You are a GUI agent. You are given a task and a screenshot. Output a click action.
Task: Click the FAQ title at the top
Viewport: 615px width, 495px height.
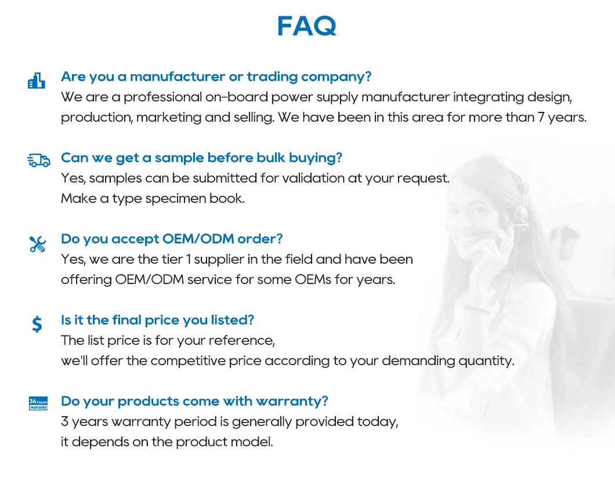pyautogui.click(x=306, y=27)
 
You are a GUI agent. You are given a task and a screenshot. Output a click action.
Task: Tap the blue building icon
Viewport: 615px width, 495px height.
pyautogui.click(x=37, y=81)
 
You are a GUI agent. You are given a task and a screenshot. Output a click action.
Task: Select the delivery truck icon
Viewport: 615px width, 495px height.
pyautogui.click(x=38, y=161)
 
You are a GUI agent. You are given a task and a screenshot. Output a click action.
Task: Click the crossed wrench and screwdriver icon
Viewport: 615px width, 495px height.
pyautogui.click(x=37, y=244)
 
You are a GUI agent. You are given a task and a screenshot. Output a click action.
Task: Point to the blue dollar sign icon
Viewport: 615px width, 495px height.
pyautogui.click(x=37, y=323)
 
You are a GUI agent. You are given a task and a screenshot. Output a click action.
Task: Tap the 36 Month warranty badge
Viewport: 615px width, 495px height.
pyautogui.click(x=38, y=403)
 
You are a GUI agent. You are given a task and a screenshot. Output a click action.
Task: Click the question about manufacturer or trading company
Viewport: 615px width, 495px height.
pyautogui.click(x=216, y=77)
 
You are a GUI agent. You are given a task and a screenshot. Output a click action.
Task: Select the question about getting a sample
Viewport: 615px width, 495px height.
pyautogui.click(x=201, y=158)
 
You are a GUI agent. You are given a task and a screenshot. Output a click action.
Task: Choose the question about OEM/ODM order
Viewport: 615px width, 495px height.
pyautogui.click(x=172, y=239)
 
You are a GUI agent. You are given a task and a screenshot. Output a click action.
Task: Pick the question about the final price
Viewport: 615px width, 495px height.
pyautogui.click(x=157, y=320)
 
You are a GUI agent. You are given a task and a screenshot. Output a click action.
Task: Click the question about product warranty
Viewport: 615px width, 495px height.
pyautogui.click(x=194, y=401)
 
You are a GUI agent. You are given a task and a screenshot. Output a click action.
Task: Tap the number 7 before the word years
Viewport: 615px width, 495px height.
pyautogui.click(x=541, y=117)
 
